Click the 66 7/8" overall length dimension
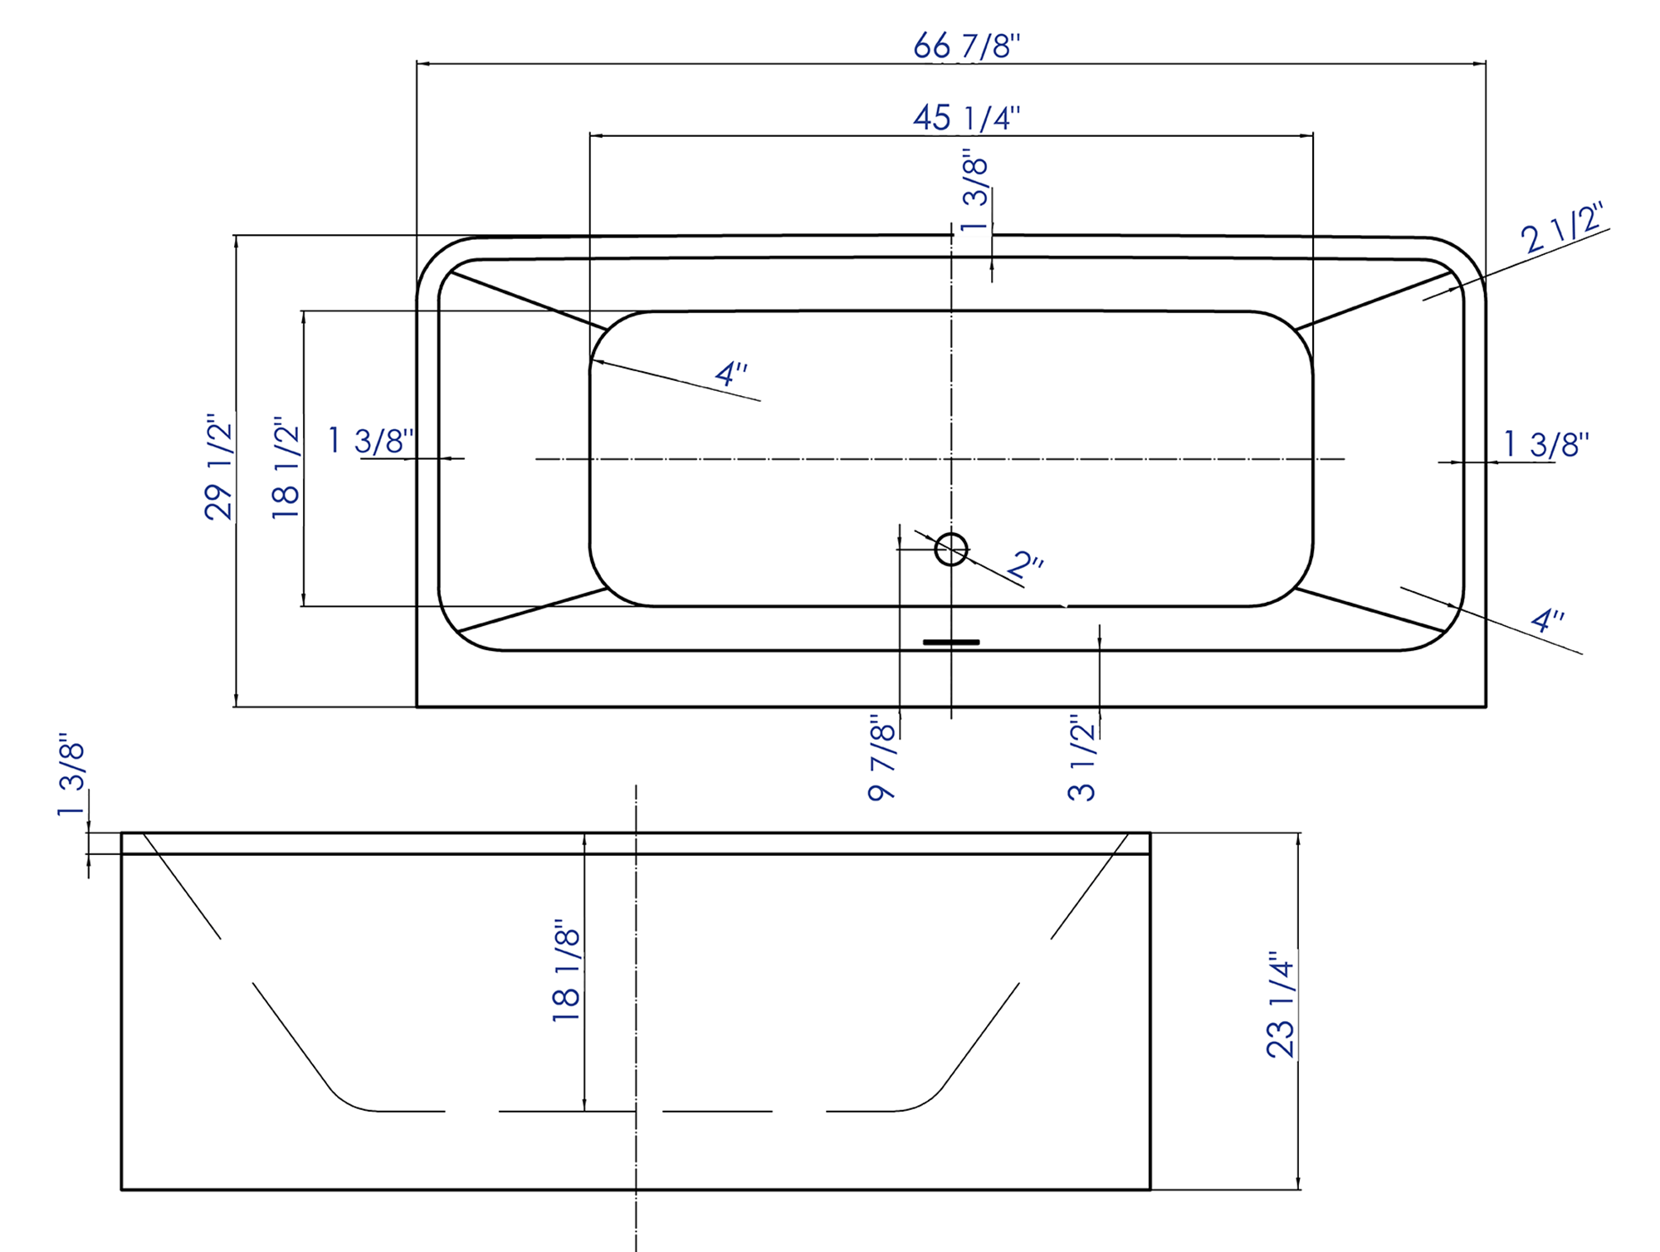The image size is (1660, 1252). pos(966,46)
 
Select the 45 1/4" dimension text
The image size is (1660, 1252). pos(966,118)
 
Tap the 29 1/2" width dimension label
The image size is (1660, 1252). pos(219,467)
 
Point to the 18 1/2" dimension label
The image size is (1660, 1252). pos(286,468)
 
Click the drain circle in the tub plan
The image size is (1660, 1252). pos(951,549)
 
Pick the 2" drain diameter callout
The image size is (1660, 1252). pos(1025,565)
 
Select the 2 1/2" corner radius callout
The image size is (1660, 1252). pos(1562,227)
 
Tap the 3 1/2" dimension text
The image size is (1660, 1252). pos(1082,757)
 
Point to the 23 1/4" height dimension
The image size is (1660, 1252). pos(1281,1005)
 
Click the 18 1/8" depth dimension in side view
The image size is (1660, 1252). pos(567,970)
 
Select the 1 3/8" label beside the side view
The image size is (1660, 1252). pos(72,775)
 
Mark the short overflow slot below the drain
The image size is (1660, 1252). pos(951,642)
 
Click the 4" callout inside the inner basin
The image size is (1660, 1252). pos(730,374)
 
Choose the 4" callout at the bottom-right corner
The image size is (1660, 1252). pos(1547,620)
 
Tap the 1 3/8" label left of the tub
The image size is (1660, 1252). pos(371,441)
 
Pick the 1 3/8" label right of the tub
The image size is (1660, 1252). pos(1545,444)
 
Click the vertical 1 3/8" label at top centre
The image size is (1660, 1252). pos(976,191)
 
